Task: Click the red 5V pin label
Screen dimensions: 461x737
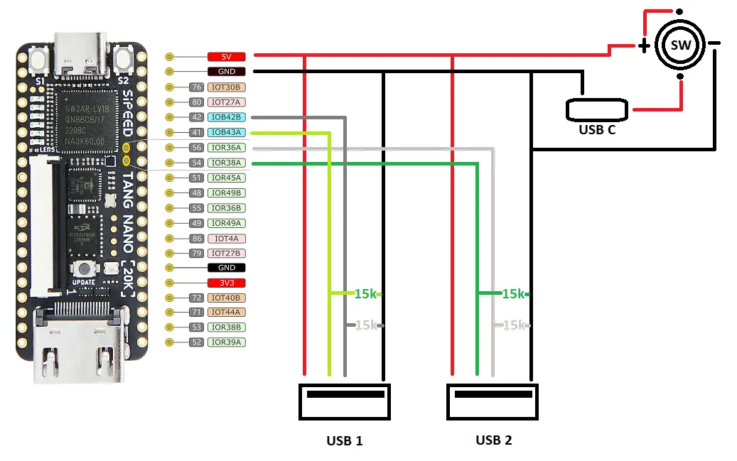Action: (x=226, y=56)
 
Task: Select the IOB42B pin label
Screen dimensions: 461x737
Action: (x=226, y=117)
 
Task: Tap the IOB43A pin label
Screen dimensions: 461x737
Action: (x=226, y=132)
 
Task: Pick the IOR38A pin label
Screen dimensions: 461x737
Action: (x=226, y=163)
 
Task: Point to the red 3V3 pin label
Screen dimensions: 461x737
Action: (x=226, y=283)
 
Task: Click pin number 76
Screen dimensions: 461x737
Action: (x=197, y=87)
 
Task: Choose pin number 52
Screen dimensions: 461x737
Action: (x=197, y=342)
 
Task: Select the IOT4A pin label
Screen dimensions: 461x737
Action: (x=226, y=239)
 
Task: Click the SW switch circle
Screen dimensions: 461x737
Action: (x=680, y=45)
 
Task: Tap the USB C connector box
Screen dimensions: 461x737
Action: (x=597, y=109)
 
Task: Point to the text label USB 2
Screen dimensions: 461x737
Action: (x=493, y=440)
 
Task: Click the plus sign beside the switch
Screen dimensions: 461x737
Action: (x=643, y=46)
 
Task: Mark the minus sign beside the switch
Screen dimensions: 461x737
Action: (x=714, y=43)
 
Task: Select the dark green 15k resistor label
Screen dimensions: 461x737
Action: (x=513, y=293)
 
